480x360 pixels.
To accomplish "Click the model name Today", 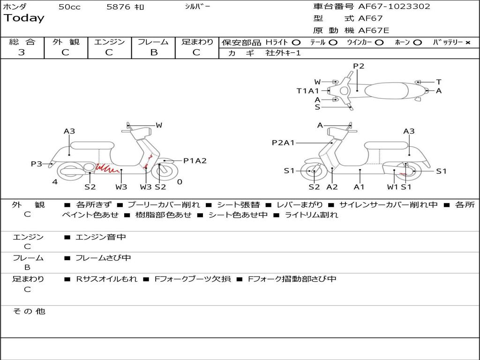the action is pyautogui.click(x=24, y=18).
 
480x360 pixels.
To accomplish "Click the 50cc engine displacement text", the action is pyautogui.click(x=69, y=7).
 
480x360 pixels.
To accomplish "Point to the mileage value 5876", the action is pyautogui.click(x=118, y=7).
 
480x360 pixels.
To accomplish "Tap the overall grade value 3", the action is pyautogui.click(x=22, y=52).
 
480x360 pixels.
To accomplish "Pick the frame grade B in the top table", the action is pyautogui.click(x=154, y=52).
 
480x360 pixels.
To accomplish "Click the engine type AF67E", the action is pyautogui.click(x=374, y=31).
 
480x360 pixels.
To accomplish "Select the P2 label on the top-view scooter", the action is pyautogui.click(x=359, y=66).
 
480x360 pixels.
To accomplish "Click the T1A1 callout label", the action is pyautogui.click(x=307, y=91).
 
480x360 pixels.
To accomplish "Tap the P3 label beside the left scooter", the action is pyautogui.click(x=37, y=164).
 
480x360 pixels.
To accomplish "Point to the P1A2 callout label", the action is pyautogui.click(x=195, y=161).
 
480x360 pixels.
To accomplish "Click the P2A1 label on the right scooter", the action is pyautogui.click(x=283, y=143).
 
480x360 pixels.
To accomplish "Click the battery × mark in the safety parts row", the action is pyautogui.click(x=467, y=42).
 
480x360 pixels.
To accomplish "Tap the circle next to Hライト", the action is pyautogui.click(x=296, y=42).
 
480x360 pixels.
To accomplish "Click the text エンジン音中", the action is pyautogui.click(x=101, y=237).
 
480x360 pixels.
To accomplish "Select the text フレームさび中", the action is pyautogui.click(x=103, y=258).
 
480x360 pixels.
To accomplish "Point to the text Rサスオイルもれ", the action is pyautogui.click(x=106, y=279).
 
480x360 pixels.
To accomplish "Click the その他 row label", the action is pyautogui.click(x=29, y=311).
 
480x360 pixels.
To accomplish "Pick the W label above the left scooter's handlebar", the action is pyautogui.click(x=159, y=125).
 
